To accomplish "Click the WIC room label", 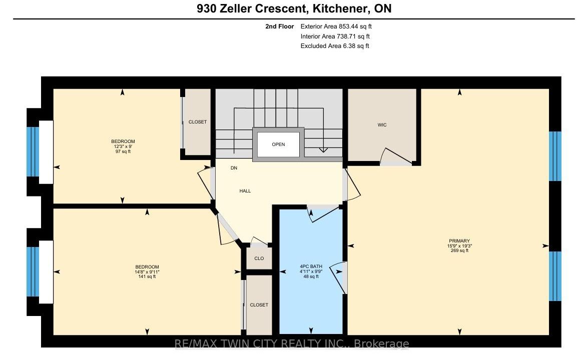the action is point(382,124).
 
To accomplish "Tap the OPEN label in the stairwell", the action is point(278,144).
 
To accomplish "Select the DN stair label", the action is point(234,168).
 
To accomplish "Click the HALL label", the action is point(245,191).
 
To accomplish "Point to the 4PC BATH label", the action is point(311,266).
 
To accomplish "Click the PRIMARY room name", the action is point(459,241).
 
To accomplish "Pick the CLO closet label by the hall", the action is point(259,258).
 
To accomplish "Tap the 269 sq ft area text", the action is point(459,250).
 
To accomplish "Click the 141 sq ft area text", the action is point(147,276).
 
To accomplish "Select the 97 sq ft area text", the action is point(123,151).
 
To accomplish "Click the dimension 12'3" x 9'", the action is point(123,146).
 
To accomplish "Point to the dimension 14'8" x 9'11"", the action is point(147,272).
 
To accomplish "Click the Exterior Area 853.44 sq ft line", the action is point(336,26).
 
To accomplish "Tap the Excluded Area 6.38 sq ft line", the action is point(335,46).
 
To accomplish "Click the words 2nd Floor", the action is point(279,26).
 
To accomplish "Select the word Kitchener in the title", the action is point(338,8).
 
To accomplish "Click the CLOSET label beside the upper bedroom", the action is point(197,122).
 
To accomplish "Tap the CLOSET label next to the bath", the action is point(259,305).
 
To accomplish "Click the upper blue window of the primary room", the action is point(555,156).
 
